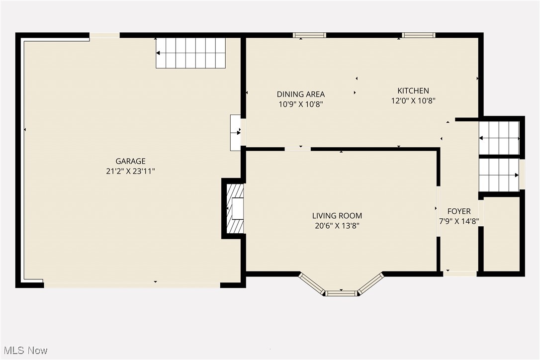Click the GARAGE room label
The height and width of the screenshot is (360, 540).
(130, 161)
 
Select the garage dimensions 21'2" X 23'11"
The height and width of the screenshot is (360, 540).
(130, 171)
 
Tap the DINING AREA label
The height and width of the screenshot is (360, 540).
(301, 94)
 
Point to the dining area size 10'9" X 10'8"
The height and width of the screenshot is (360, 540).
(301, 104)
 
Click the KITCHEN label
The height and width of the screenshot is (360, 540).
(413, 90)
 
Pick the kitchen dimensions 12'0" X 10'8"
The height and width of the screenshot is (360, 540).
(413, 100)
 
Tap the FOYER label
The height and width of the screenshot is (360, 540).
(458, 211)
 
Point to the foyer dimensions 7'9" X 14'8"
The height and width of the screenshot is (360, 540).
(458, 221)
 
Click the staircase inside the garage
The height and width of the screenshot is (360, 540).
(191, 53)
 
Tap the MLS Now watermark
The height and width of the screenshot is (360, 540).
(24, 350)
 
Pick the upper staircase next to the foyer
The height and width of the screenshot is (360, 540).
(499, 138)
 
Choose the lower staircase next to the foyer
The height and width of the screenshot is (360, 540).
(499, 175)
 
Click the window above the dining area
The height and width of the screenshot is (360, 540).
(309, 35)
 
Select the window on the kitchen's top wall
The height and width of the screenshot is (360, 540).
(419, 35)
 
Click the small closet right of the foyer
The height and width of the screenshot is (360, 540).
(501, 234)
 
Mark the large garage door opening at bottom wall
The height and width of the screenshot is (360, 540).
(132, 285)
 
